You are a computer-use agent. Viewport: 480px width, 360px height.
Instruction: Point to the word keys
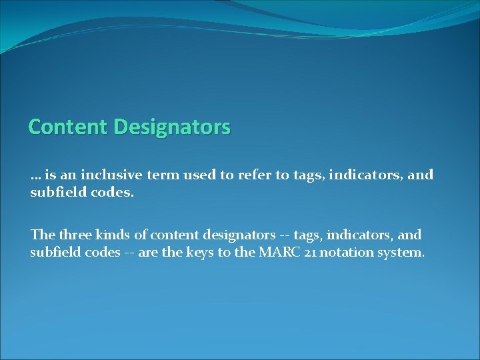211,253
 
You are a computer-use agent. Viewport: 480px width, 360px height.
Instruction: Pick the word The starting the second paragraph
42,235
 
